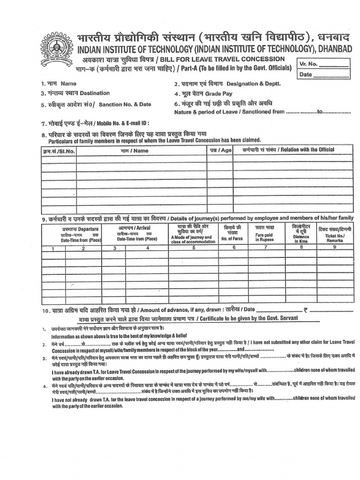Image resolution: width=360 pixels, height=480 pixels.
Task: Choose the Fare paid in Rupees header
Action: tap(264, 233)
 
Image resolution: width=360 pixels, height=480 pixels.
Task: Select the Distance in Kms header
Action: tap(301, 233)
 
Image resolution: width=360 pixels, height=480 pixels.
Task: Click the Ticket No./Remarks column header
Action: tap(335, 233)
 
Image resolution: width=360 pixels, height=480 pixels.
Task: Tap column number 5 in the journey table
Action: tap(193, 248)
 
